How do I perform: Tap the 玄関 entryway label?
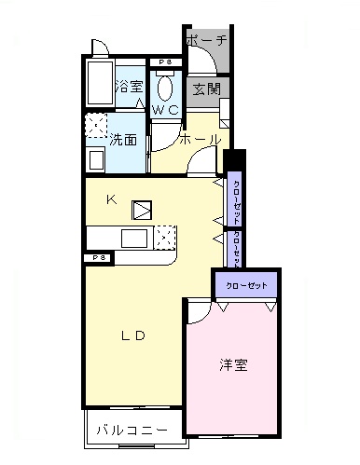[x=205, y=89]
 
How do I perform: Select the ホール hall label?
[x=199, y=140]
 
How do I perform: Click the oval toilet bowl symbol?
[x=166, y=88]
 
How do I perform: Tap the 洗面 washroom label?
[x=123, y=141]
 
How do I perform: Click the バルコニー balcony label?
[x=133, y=431]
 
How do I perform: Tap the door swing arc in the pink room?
[x=198, y=309]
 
